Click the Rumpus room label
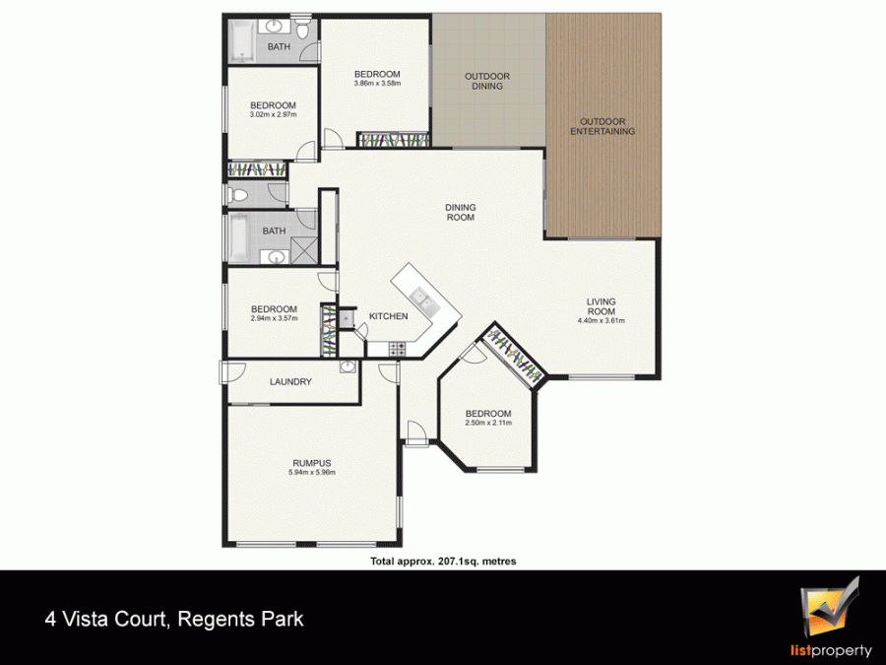[x=312, y=463]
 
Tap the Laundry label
[x=290, y=381]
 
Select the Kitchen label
[x=388, y=316]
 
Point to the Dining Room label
[x=461, y=212]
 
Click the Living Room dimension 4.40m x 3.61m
[x=601, y=320]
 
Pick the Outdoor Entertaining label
[x=602, y=126]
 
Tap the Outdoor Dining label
[x=487, y=81]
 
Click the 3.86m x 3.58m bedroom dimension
[x=377, y=83]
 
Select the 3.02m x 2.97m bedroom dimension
[x=273, y=114]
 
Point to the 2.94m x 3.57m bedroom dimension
[x=274, y=318]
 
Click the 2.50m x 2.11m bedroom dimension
[x=488, y=423]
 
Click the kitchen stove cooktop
[x=397, y=350]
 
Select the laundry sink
[x=348, y=367]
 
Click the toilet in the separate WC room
[x=238, y=196]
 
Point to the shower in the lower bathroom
[x=304, y=250]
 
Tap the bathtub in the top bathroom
[x=242, y=41]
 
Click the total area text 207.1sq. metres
[x=476, y=562]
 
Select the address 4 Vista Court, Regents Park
[x=174, y=620]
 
